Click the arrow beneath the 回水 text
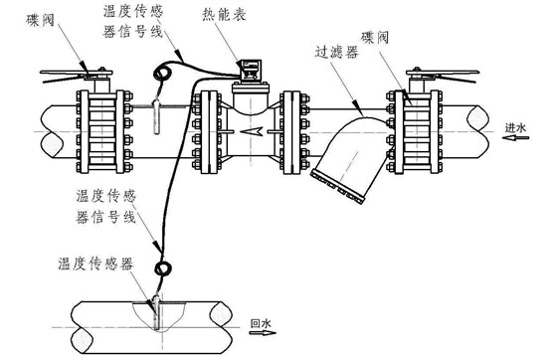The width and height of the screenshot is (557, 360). click(261, 336)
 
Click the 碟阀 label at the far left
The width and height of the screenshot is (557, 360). click(29, 17)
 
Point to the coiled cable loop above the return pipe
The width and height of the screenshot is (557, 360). click(159, 269)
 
